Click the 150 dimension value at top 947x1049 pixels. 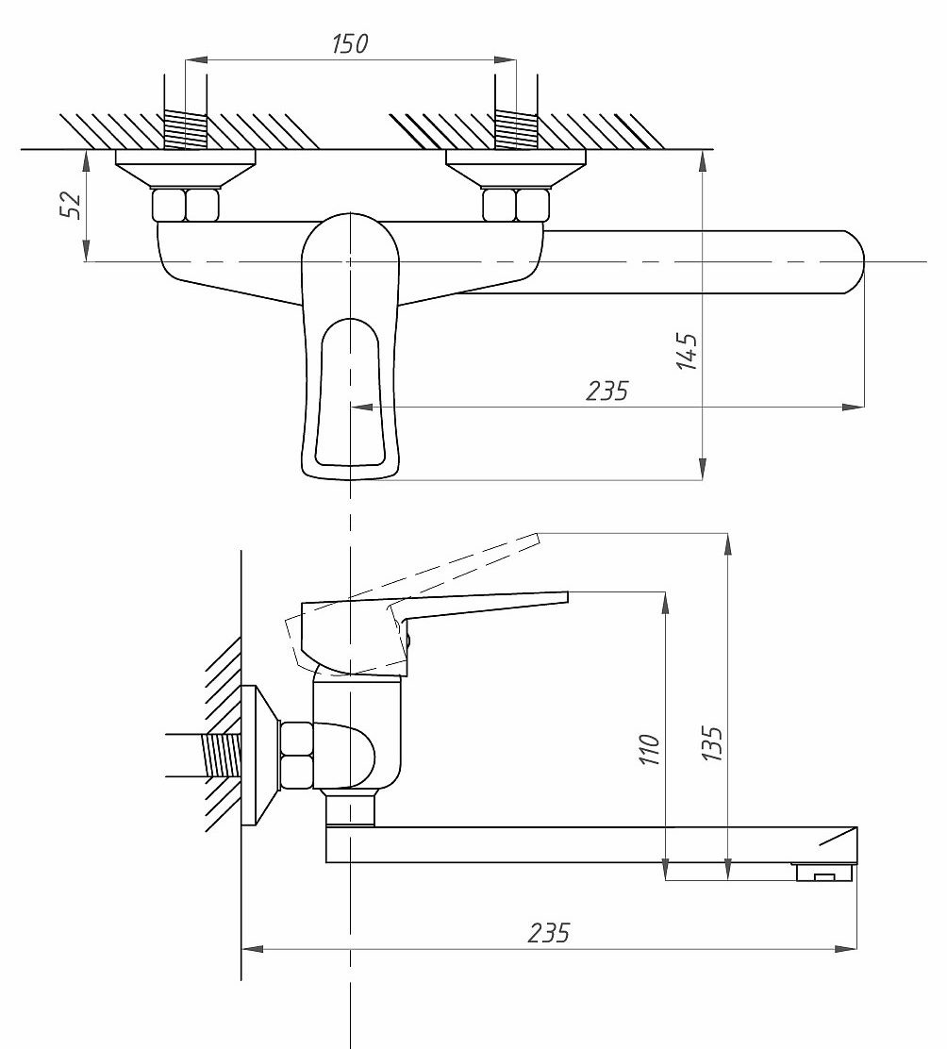[350, 43]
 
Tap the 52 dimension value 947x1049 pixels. [70, 205]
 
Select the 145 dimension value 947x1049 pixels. [687, 351]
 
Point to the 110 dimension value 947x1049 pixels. [649, 749]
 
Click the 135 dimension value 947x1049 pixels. [711, 743]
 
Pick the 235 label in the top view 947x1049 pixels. [607, 391]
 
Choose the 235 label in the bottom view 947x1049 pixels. [548, 932]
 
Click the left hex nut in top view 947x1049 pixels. [186, 205]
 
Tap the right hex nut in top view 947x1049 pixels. [516, 205]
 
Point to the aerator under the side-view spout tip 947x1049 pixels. [824, 873]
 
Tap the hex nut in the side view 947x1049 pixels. [296, 755]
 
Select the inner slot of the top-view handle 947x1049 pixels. [349, 392]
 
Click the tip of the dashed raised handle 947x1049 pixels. [537, 535]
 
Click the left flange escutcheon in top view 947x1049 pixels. [185, 168]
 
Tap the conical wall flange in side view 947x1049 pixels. [259, 756]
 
